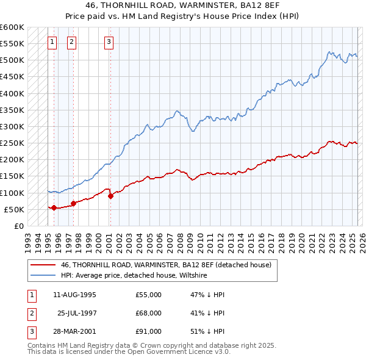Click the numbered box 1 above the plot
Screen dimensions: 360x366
tap(52, 42)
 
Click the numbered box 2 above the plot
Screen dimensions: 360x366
tap(72, 42)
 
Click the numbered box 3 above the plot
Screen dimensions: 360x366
tap(109, 42)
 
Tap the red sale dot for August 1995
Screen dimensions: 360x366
tap(54, 207)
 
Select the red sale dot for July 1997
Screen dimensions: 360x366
tap(73, 203)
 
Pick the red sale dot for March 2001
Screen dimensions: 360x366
tap(110, 196)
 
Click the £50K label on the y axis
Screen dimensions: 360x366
tap(15, 209)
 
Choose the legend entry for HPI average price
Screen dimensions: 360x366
tap(134, 275)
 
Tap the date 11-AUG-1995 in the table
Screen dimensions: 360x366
tap(74, 295)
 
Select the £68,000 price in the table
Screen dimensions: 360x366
tap(149, 313)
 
